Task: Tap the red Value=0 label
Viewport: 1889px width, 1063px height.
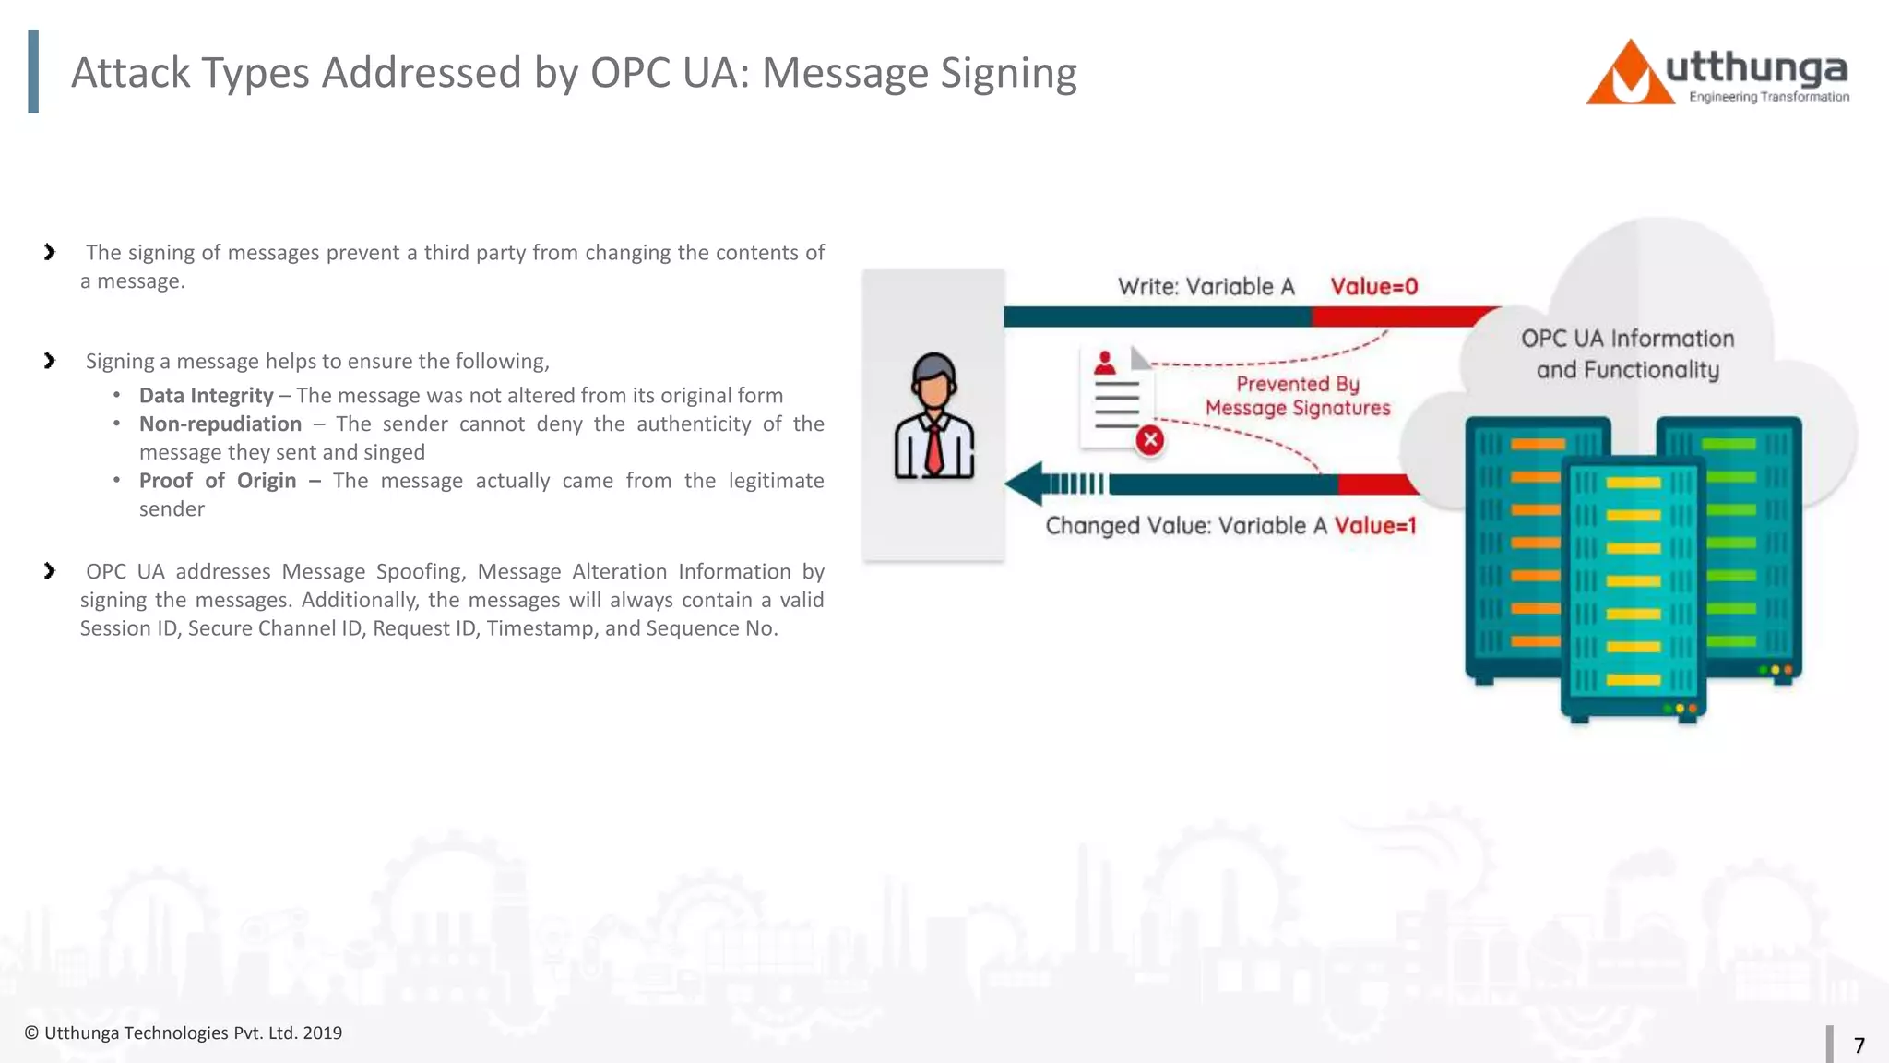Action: click(1373, 287)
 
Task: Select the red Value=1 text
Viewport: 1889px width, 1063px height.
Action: click(1374, 526)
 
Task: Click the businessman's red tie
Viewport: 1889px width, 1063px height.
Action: click(934, 449)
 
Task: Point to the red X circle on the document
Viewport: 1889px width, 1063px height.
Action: click(1150, 440)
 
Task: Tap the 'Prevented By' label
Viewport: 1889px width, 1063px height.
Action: click(1298, 384)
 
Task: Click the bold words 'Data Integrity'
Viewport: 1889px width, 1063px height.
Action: click(206, 396)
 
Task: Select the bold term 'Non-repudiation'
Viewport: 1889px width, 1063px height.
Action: click(220, 424)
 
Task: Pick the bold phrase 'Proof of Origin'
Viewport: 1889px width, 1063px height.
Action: click(218, 481)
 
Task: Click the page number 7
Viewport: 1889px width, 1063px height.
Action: click(1859, 1045)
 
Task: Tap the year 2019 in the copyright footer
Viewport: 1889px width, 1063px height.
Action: click(323, 1033)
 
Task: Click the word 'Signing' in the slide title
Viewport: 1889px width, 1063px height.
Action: click(1008, 73)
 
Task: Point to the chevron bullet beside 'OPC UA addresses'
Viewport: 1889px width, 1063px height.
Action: click(50, 571)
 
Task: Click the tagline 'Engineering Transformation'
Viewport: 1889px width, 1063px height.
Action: click(1768, 97)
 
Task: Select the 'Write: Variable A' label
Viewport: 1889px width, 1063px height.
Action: click(1206, 287)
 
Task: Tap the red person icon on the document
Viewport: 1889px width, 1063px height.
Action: click(1104, 363)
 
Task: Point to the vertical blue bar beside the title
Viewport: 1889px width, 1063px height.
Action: click(33, 71)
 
